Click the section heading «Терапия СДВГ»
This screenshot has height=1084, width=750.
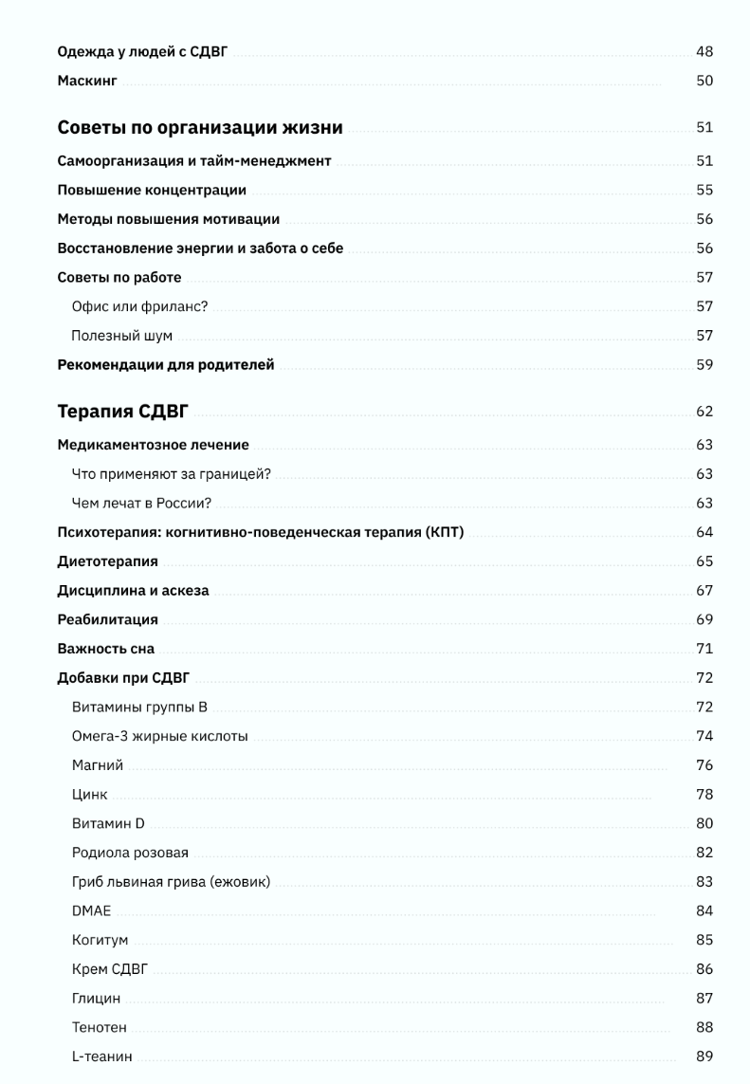tap(123, 412)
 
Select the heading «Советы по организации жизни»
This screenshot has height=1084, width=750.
tap(200, 128)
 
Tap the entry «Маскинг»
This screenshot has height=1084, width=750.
tap(87, 82)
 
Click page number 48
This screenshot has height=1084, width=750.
tap(704, 52)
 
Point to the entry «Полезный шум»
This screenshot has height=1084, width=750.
tap(121, 336)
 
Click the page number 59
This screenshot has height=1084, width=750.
tap(704, 365)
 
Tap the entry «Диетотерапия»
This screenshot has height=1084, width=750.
tap(107, 561)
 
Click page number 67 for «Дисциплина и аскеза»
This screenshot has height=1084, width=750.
tap(704, 591)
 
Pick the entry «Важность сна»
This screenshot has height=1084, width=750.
tap(105, 650)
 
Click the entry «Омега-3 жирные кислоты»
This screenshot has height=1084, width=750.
tap(159, 736)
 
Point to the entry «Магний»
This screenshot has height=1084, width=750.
tap(97, 765)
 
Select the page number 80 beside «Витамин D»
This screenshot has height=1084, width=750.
tap(704, 823)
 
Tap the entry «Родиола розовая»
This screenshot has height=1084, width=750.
tap(130, 853)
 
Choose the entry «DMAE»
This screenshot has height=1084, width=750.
tap(91, 911)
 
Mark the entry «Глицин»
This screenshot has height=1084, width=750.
tap(96, 998)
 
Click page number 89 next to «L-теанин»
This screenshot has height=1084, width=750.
tap(704, 1056)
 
